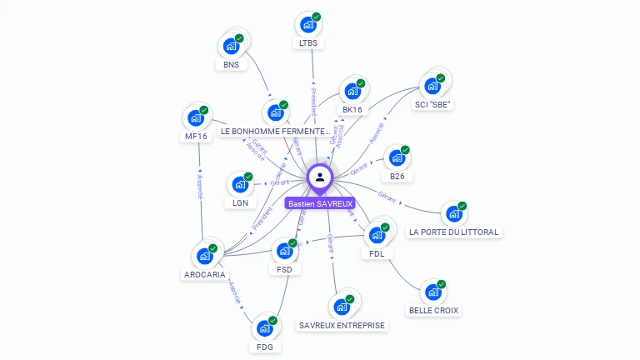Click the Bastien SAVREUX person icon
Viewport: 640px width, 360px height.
coord(320,177)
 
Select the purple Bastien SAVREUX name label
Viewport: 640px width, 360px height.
coord(320,203)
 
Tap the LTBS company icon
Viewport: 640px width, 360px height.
coord(308,25)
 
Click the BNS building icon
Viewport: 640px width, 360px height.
coord(231,47)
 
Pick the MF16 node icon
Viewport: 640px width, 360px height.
coord(196,118)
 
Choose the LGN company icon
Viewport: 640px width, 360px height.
coord(240,184)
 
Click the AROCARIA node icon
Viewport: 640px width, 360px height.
coord(204,256)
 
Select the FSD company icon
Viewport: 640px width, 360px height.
coord(284,251)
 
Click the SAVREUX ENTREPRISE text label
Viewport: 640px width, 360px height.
coord(342,325)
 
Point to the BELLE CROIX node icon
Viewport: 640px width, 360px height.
coord(432,292)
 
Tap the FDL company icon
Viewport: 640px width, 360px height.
coord(377,235)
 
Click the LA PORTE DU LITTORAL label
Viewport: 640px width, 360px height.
coord(454,232)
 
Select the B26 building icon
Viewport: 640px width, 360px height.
coord(397,157)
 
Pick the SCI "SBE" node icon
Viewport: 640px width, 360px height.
coord(432,86)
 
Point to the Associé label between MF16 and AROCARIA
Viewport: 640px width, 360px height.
coord(199,187)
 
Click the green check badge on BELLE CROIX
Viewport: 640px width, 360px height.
coord(442,284)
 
